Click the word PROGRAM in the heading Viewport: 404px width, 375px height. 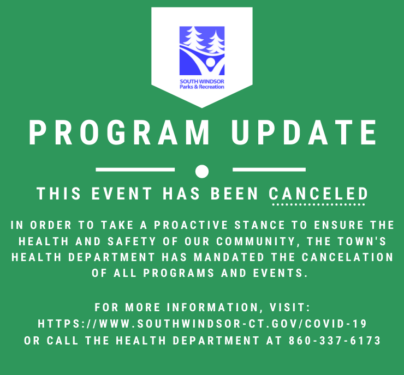[x=119, y=132]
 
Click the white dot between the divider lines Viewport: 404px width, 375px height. [x=202, y=171]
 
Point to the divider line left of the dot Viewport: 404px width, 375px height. [x=135, y=170]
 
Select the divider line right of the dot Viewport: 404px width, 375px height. [x=269, y=170]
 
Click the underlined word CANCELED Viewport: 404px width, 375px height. [x=318, y=193]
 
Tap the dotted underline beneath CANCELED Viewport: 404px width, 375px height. [x=318, y=205]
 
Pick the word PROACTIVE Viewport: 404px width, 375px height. [x=191, y=225]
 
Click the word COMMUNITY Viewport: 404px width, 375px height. [x=256, y=241]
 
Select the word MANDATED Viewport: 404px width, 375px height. [x=229, y=257]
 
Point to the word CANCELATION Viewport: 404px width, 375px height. [x=347, y=257]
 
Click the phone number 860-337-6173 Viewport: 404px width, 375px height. [x=335, y=340]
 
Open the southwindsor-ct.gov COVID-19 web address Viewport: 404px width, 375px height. [x=202, y=324]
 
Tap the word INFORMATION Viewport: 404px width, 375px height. [x=212, y=307]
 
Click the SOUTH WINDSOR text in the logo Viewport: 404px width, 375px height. [x=202, y=81]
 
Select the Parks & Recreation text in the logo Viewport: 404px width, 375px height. [x=202, y=87]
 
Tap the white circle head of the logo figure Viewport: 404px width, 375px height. [x=211, y=62]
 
